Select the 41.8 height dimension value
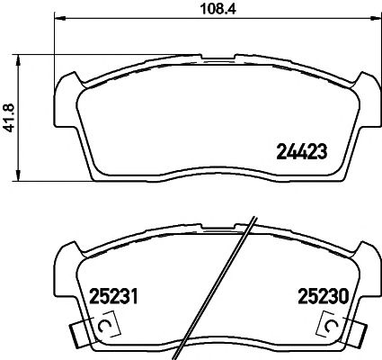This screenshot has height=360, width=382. (x=10, y=116)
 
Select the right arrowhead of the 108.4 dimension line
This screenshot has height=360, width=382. (x=369, y=21)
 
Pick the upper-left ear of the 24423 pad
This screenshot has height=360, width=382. (x=68, y=86)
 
